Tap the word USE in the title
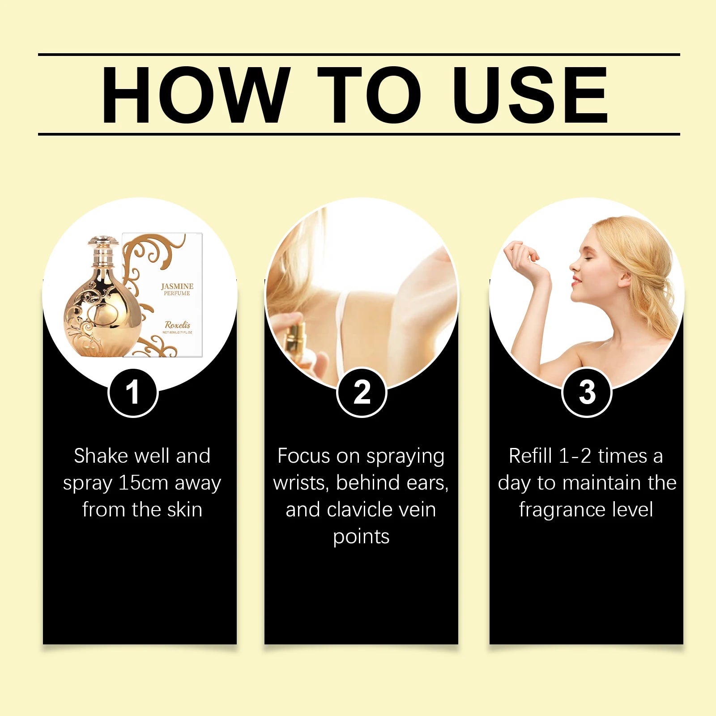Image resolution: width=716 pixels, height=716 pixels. pyautogui.click(x=530, y=95)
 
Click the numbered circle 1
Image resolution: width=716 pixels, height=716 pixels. pyautogui.click(x=133, y=392)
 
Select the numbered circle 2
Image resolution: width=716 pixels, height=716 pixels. pyautogui.click(x=362, y=392)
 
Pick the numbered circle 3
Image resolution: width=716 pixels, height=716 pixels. pyautogui.click(x=587, y=392)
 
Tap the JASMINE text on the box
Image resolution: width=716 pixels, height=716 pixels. pyautogui.click(x=177, y=286)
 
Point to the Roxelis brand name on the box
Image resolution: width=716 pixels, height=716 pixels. pyautogui.click(x=177, y=325)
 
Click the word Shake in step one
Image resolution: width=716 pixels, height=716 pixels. pyautogui.click(x=101, y=456)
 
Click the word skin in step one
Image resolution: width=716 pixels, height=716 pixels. pyautogui.click(x=184, y=510)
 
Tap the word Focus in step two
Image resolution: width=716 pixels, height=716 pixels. pyautogui.click(x=304, y=456)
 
